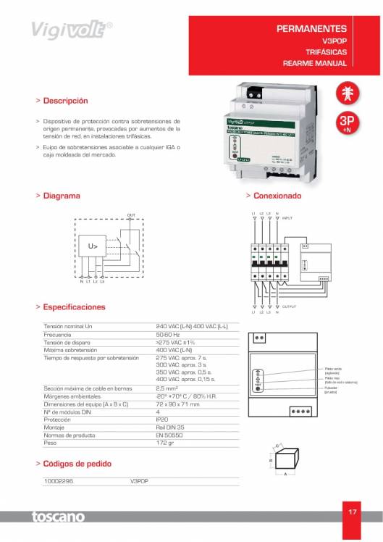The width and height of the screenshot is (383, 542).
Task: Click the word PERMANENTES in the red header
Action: coord(313,28)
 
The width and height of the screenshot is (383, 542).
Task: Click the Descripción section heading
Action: coord(65,101)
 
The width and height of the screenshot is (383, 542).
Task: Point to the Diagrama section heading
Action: coord(62,196)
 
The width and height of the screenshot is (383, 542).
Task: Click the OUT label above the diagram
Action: coord(131,215)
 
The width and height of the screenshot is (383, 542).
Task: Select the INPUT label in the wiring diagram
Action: coord(287,217)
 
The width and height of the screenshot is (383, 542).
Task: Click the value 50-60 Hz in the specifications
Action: coord(169,335)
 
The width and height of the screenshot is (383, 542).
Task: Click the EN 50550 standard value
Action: coord(169,435)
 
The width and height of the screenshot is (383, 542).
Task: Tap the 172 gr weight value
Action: coord(166,442)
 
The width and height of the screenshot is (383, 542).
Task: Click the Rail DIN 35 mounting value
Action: coord(170,427)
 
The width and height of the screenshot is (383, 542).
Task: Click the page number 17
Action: coord(353,512)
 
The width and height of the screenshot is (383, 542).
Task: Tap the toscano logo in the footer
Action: coord(57,517)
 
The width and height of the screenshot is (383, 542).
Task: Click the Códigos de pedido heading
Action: coord(77,463)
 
